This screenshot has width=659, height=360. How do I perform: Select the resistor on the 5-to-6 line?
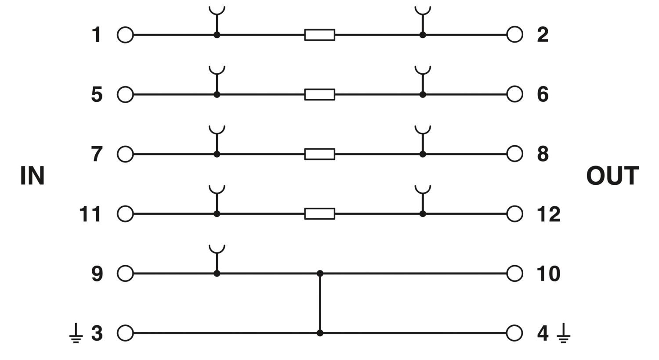319,95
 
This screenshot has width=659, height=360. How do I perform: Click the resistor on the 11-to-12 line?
319,214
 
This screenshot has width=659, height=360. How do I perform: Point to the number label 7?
97,154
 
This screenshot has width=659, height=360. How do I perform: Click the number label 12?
549,214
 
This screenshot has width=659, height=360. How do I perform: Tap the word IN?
33,176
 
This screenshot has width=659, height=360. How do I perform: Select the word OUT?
612,176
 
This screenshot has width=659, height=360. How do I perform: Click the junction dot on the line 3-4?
320,333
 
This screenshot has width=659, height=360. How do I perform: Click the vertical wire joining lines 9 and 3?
320,303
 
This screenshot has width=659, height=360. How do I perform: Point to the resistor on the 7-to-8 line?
319,154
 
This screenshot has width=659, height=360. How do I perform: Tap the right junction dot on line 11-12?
423,214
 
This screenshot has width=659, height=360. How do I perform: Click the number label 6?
543,95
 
